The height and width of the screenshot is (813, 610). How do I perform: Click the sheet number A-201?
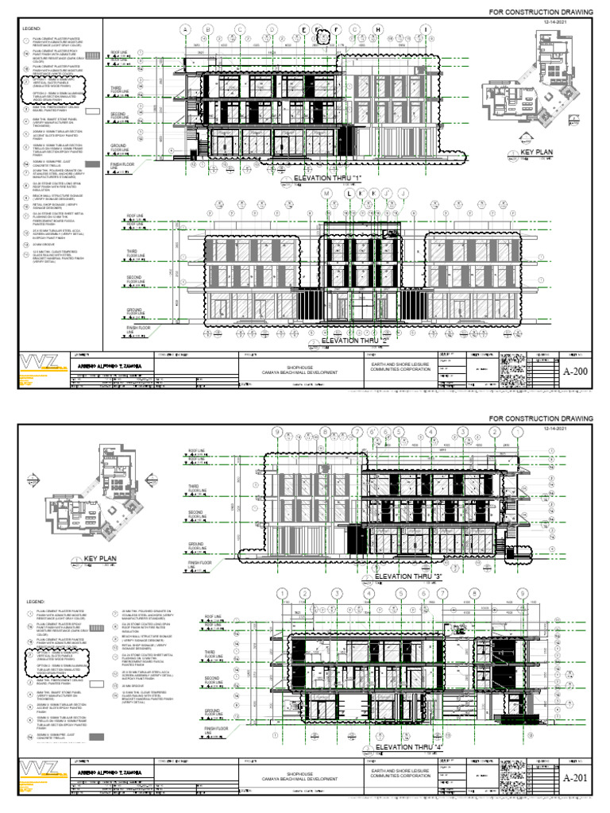pyautogui.click(x=574, y=777)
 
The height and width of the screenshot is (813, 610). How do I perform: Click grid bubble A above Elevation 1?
pyautogui.click(x=187, y=30)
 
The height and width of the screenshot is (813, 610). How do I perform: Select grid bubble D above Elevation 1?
pyautogui.click(x=271, y=30)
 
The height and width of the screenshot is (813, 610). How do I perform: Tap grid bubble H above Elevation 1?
pyautogui.click(x=378, y=30)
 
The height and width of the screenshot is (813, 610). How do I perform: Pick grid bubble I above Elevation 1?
pyautogui.click(x=426, y=30)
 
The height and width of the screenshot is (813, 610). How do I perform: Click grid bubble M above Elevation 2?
pyautogui.click(x=326, y=193)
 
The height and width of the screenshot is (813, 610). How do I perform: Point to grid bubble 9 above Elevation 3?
pyautogui.click(x=277, y=432)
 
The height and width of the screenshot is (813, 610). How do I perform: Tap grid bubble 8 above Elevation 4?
pyautogui.click(x=474, y=594)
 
